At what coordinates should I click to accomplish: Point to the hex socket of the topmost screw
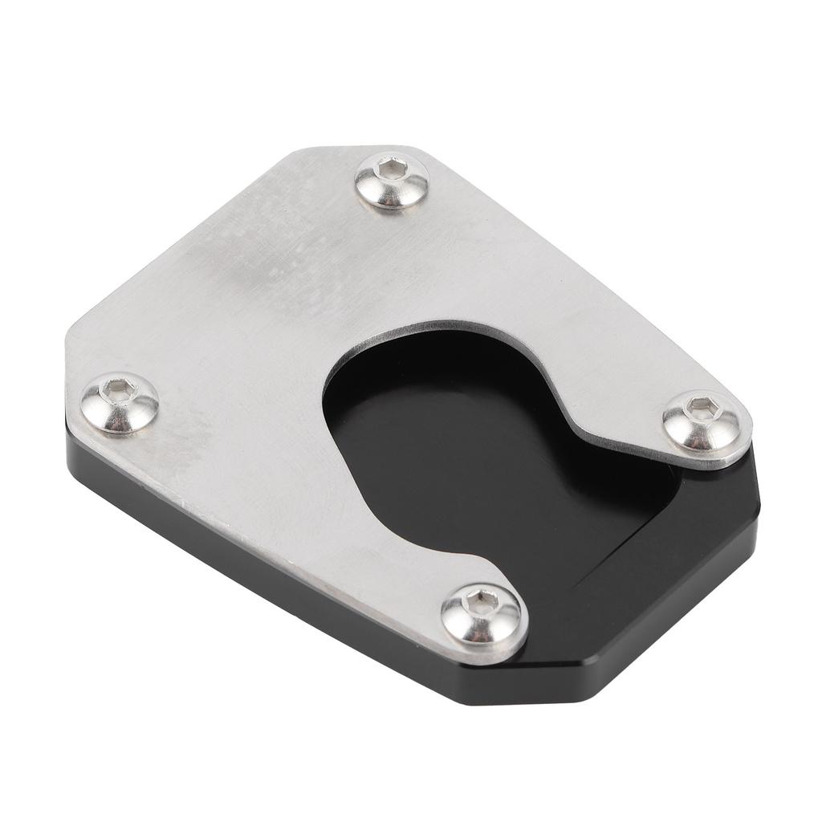point(393,169)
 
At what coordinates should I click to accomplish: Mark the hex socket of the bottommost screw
point(480,599)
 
